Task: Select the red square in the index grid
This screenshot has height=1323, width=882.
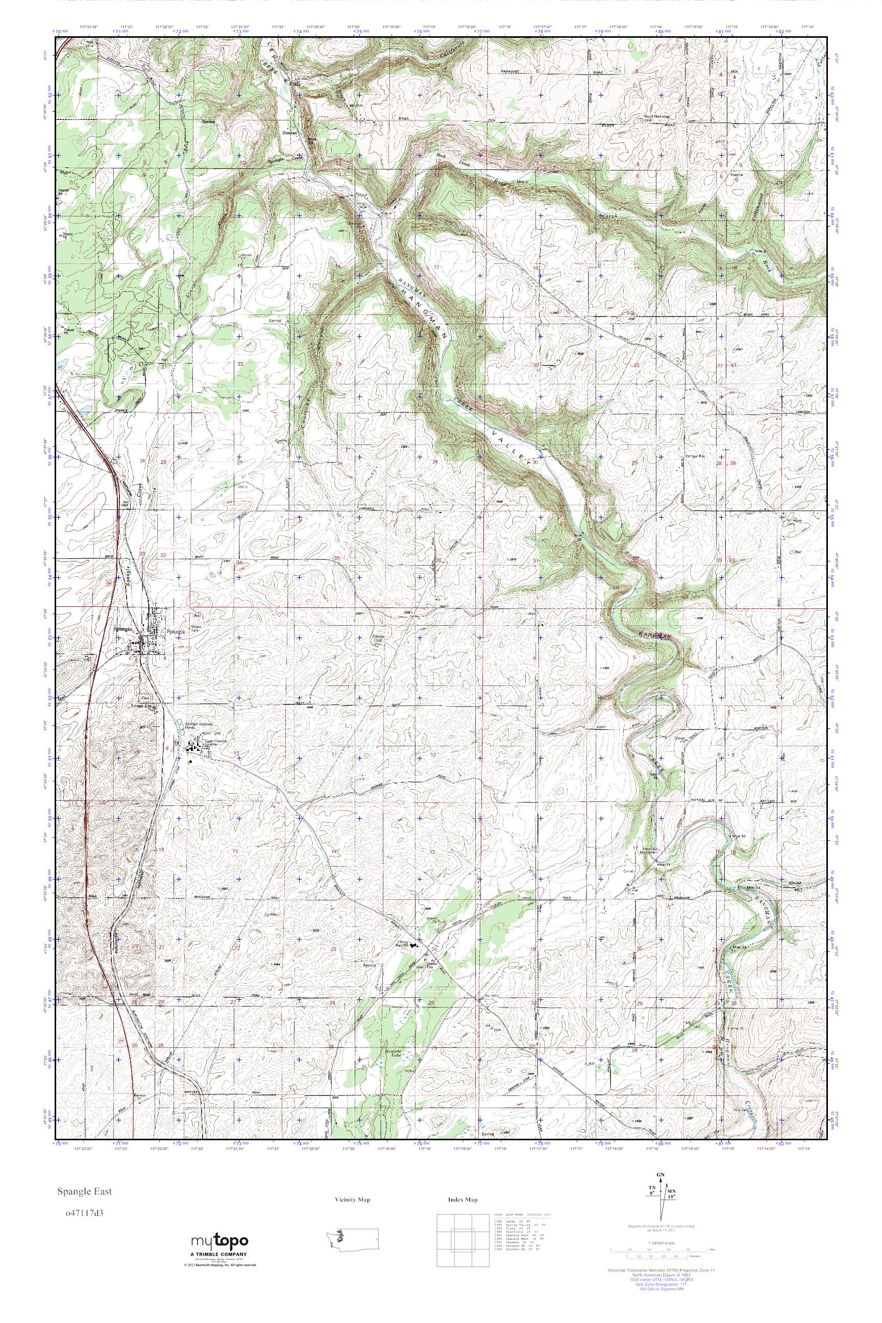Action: click(462, 1231)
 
